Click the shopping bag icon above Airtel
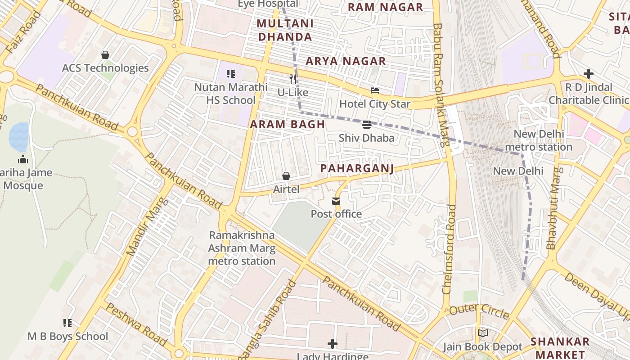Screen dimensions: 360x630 286,175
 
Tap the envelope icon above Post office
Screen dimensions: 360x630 336,201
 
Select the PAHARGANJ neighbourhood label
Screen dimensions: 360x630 357,168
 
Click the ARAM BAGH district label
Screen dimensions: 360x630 287,125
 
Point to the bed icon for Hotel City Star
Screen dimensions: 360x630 374,90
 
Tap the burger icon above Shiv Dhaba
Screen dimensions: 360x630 366,124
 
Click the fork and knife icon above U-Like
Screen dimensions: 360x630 293,79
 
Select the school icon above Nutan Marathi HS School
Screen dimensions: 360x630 231,73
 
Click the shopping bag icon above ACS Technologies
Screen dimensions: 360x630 105,55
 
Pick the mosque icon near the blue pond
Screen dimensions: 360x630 23,159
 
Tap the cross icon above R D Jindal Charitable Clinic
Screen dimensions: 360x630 588,74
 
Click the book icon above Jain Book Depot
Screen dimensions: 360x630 482,333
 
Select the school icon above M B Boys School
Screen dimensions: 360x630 67,323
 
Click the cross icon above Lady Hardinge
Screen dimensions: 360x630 332,344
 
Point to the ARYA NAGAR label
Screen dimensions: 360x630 346,61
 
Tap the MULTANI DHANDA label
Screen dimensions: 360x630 284,30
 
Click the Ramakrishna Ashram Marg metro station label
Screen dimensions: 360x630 242,248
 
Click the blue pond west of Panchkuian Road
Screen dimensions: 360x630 19,137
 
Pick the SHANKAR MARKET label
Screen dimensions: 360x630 560,347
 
